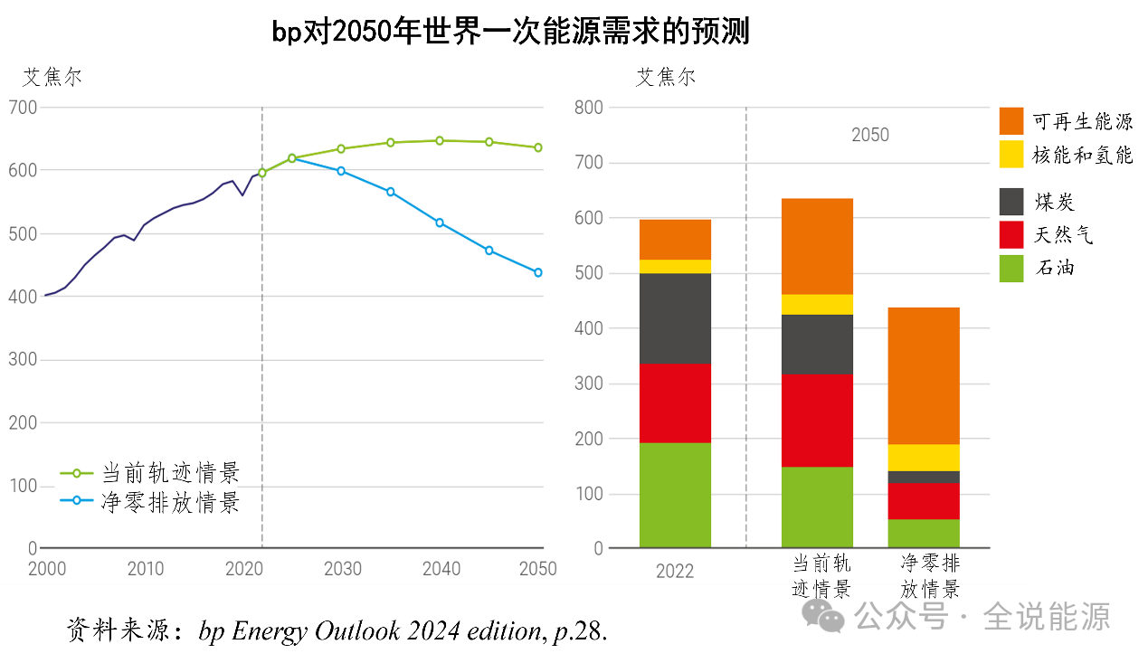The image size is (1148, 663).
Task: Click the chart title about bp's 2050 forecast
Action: pos(511,33)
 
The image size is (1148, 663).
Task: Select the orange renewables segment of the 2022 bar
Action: pos(675,240)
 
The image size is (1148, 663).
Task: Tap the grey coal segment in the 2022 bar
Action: pos(675,318)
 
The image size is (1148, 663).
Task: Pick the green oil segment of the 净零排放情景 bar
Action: pos(924,534)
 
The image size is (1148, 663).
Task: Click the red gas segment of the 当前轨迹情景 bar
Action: pos(817,421)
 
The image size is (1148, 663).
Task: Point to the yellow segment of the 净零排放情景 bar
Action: pos(924,458)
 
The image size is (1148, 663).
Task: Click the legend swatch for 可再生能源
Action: pos(1011,121)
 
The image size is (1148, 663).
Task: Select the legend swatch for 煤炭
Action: pos(1011,202)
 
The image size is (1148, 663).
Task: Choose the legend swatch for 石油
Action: pos(1011,269)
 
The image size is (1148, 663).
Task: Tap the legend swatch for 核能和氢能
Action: pos(1011,154)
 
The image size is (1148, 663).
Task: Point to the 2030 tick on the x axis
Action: pos(343,569)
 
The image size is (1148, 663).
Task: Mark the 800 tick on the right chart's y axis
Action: pos(588,108)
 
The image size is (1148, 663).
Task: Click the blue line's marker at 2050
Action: pos(538,272)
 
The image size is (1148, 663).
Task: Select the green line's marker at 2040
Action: pos(440,140)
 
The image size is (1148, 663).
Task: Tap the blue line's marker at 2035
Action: pos(391,192)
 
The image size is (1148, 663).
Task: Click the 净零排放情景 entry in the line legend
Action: pos(170,501)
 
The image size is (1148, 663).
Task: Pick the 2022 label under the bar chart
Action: pos(675,572)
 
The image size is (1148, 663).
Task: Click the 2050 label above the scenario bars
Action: pos(870,136)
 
